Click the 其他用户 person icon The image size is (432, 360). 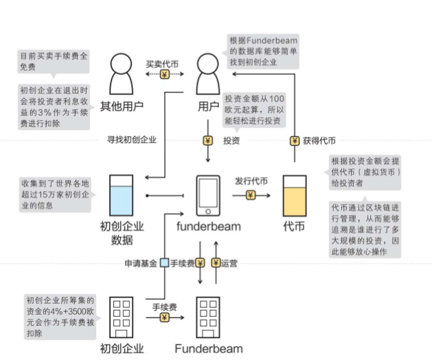click(x=122, y=75)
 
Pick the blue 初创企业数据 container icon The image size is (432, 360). click(x=122, y=195)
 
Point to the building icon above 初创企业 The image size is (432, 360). click(x=122, y=317)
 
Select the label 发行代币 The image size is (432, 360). click(x=251, y=181)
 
